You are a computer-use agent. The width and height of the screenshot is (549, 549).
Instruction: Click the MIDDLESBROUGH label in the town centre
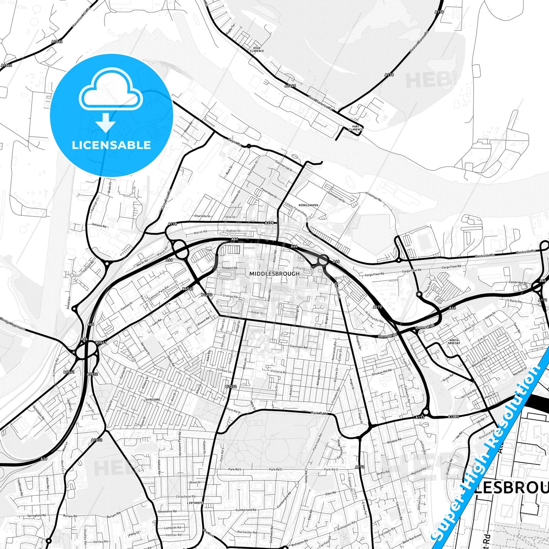click(274, 274)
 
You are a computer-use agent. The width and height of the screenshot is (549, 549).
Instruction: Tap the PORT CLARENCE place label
click(356, 128)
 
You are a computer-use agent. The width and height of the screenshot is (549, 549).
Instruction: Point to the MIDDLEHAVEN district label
click(308, 205)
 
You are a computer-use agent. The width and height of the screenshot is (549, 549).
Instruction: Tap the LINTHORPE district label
click(195, 503)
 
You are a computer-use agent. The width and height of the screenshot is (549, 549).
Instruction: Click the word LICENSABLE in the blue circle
click(111, 145)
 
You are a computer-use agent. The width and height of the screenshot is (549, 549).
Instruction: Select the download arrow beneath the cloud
click(105, 122)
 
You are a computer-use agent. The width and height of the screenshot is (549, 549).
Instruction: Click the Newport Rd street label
click(229, 268)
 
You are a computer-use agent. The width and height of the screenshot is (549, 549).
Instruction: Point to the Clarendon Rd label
click(298, 347)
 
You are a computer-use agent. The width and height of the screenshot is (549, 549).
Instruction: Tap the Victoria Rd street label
click(278, 372)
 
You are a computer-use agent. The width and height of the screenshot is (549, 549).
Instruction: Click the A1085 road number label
click(453, 417)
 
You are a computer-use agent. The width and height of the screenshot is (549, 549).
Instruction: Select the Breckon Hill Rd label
click(381, 372)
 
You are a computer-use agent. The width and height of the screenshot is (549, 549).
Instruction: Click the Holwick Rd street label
click(99, 225)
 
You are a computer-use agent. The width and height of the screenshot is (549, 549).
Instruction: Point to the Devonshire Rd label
click(167, 511)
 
